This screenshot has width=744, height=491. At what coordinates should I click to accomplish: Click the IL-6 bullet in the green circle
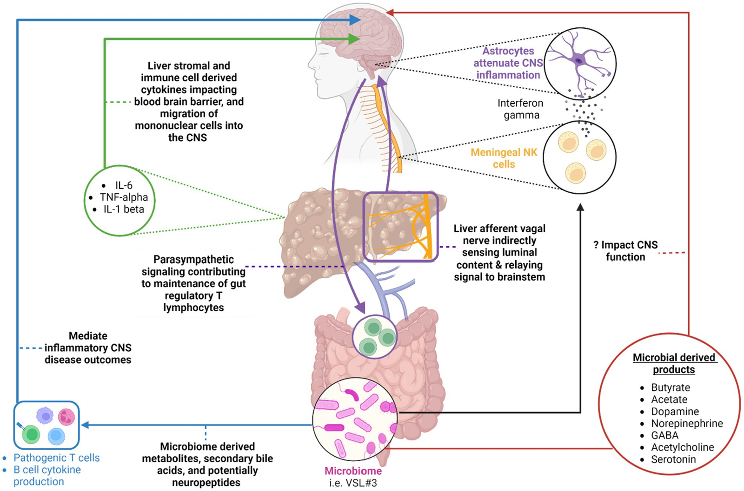click(123, 185)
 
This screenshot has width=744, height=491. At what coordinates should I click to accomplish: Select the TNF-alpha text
click(124, 197)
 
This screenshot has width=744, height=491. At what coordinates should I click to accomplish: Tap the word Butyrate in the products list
click(670, 387)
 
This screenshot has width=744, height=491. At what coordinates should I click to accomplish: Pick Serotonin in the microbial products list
click(673, 459)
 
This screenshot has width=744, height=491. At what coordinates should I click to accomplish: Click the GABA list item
click(664, 435)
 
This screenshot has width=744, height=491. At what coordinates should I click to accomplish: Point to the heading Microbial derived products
click(674, 364)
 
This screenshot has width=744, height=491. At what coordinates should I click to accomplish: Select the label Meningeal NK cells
click(504, 158)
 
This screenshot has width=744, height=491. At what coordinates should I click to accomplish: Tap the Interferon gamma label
click(521, 109)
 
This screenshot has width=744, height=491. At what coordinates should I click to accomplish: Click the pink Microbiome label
click(353, 471)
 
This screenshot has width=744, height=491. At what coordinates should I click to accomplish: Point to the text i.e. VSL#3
click(353, 483)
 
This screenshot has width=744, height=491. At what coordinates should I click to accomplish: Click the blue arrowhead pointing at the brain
click(355, 20)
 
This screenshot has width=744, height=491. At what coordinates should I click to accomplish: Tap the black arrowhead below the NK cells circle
click(580, 208)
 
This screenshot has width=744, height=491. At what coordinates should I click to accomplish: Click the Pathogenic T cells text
click(56, 458)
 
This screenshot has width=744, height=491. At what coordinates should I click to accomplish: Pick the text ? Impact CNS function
click(625, 251)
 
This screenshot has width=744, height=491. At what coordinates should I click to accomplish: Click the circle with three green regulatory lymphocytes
click(374, 337)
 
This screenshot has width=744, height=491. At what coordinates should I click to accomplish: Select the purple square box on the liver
click(400, 227)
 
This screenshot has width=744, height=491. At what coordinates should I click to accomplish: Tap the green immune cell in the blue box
click(32, 434)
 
